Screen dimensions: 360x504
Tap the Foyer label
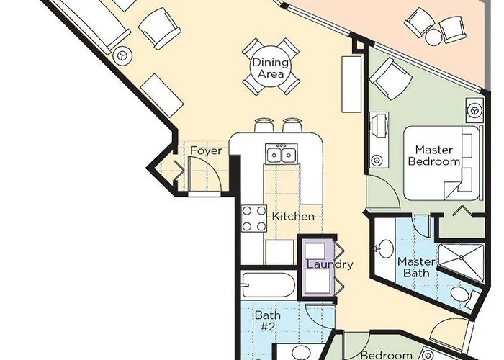[x=205, y=150]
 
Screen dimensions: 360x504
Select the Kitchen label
[x=292, y=216]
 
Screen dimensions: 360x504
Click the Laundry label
[x=330, y=264]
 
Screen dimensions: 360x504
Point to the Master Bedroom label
[x=433, y=156]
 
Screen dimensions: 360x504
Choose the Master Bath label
[x=415, y=267]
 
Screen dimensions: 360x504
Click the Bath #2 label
[x=266, y=320]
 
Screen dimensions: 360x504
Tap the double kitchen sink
[x=279, y=154]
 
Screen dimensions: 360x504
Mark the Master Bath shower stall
[x=458, y=253]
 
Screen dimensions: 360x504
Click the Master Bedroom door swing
[x=379, y=190]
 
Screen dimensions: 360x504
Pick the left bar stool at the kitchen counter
[x=264, y=125]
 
